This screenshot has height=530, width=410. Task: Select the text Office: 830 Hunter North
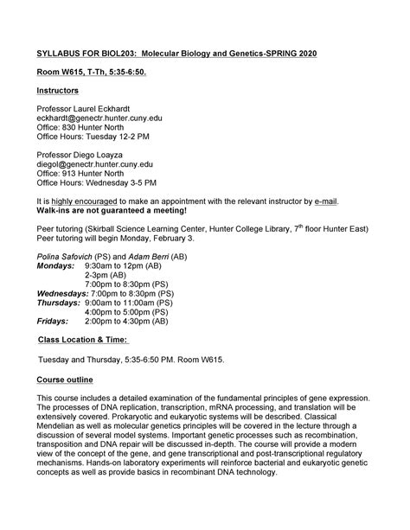pyautogui.click(x=85, y=134)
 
